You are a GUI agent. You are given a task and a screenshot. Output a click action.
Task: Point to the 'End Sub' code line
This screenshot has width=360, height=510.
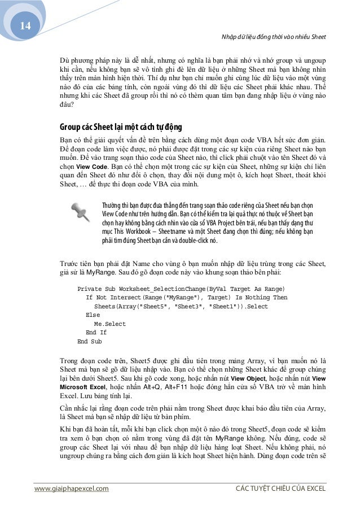click(x=89, y=342)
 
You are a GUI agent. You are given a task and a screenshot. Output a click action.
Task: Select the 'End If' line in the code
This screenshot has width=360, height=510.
click(x=96, y=333)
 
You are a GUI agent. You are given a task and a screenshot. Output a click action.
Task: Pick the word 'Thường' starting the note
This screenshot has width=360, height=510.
click(x=111, y=204)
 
